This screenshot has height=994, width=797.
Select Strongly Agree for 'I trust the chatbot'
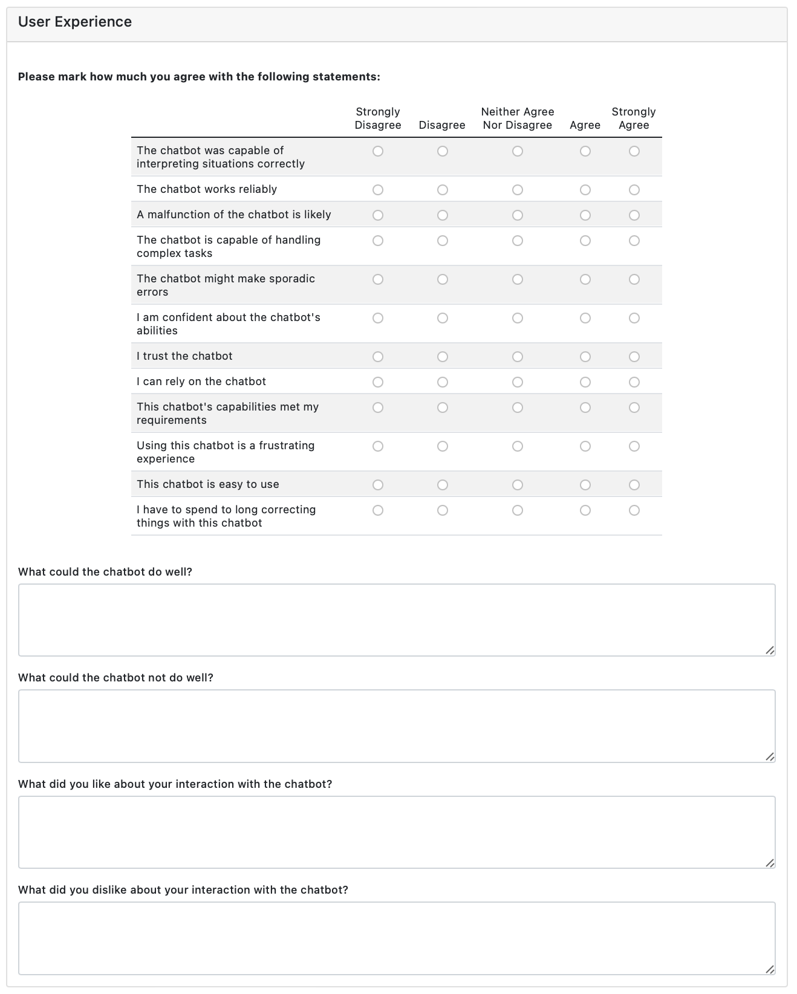point(634,357)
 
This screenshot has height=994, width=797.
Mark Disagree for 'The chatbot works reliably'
point(443,190)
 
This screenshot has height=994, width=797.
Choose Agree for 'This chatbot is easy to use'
point(585,485)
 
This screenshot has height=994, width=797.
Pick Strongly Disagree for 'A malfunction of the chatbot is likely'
point(378,215)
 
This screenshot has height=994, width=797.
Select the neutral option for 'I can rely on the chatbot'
point(518,382)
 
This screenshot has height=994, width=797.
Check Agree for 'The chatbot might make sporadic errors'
point(585,279)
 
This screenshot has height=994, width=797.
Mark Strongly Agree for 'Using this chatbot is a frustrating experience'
point(634,446)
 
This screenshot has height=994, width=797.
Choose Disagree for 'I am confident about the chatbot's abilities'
point(443,318)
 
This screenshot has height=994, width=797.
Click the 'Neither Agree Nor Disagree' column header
point(518,119)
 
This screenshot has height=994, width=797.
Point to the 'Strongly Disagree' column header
point(378,119)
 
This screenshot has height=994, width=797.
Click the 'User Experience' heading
point(75,22)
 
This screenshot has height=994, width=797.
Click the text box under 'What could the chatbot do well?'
point(397,620)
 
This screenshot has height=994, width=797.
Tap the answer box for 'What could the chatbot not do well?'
point(397,726)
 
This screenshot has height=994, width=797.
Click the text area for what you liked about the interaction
point(397,832)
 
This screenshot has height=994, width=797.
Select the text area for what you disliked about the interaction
point(397,938)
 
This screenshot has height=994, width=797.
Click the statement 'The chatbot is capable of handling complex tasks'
point(229,247)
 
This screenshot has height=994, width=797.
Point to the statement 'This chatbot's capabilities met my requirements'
point(227,414)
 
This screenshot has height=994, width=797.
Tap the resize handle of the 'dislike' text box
point(770,969)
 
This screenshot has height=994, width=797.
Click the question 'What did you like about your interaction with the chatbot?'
point(175,784)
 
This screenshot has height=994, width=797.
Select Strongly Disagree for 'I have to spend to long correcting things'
point(378,510)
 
